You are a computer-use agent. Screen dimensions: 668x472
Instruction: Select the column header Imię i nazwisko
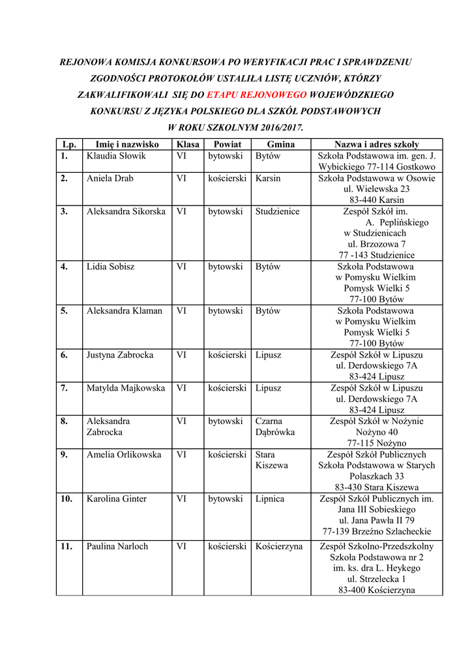[x=127, y=144]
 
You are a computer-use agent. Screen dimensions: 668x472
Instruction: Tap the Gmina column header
[x=281, y=144]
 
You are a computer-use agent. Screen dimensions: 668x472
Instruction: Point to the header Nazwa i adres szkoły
[x=377, y=144]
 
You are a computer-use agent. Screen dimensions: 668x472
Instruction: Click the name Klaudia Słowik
[x=117, y=156]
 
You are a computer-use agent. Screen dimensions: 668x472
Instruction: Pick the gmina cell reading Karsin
[x=269, y=178]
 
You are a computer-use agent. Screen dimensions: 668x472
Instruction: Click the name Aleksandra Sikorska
[x=126, y=211]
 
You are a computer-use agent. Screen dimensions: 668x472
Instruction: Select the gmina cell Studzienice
[x=278, y=211]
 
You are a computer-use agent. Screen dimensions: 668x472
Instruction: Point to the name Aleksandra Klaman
[x=125, y=311]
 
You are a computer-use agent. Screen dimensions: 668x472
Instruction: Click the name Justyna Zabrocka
[x=120, y=355]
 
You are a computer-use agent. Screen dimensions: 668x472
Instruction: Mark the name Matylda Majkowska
[x=126, y=388]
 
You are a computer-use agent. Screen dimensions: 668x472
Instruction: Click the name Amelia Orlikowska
[x=124, y=455]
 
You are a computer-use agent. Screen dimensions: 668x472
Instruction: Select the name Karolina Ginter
[x=117, y=499]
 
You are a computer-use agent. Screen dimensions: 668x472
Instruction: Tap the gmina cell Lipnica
[x=270, y=499]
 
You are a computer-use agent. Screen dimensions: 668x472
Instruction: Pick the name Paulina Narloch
[x=117, y=547]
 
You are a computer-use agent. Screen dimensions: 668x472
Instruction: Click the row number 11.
[x=66, y=547]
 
